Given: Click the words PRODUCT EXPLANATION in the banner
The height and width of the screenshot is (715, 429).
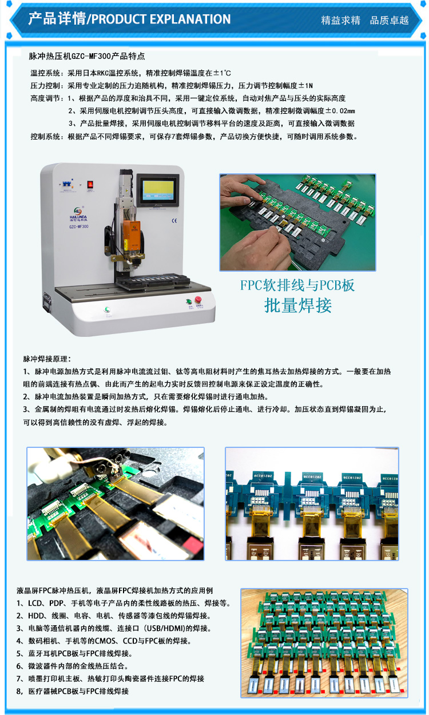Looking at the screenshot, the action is tap(161, 19).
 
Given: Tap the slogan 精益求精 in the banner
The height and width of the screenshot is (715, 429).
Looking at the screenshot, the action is tap(340, 21).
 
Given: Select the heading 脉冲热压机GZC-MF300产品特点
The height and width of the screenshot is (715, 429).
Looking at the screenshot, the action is tap(87, 56).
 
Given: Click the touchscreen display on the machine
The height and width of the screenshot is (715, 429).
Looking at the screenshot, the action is tap(158, 190).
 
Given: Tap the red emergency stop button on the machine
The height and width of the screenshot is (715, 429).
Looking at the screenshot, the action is tap(198, 299).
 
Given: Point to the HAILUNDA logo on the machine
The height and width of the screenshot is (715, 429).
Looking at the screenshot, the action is tap(78, 214).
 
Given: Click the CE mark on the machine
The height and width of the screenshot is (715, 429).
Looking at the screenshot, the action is tap(174, 221).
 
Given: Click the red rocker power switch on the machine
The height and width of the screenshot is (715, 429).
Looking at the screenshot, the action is tap(90, 184).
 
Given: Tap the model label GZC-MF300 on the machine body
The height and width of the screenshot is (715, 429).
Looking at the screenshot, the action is tap(78, 227).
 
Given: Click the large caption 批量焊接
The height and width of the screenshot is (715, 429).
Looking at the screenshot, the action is tap(298, 305).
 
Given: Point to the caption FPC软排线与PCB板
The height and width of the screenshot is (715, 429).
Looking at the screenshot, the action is tap(297, 285).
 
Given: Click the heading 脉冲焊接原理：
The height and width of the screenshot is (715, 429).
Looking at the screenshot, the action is tap(47, 359).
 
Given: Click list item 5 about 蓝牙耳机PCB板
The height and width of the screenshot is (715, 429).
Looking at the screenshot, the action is tap(74, 653).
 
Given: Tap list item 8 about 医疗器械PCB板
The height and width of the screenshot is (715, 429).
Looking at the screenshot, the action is tap(73, 691).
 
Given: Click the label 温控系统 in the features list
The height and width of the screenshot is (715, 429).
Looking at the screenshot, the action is tap(45, 73).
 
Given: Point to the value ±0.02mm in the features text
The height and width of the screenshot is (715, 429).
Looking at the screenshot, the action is tap(340, 111).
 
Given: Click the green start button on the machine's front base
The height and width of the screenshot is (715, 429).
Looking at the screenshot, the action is tap(108, 309).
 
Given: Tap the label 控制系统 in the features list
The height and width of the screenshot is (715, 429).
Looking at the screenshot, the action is tap(45, 137).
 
